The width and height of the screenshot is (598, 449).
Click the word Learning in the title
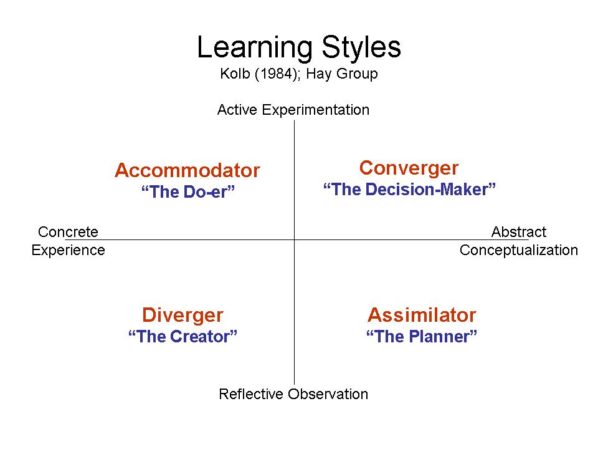pos(255,48)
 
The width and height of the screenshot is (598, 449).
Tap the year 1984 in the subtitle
pos(277,74)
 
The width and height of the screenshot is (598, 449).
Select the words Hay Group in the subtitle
pos(342,74)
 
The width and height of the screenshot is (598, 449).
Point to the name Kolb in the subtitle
pos(235,74)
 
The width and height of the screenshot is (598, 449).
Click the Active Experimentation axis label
pos(293,110)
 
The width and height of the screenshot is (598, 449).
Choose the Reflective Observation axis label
pos(293,394)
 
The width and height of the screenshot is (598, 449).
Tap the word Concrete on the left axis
pos(68,232)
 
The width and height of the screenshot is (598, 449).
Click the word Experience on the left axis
pos(68,250)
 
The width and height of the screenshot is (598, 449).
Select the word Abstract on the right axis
pos(519,232)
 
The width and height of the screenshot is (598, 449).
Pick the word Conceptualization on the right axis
pos(519,250)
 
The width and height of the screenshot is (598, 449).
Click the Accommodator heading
pos(187,170)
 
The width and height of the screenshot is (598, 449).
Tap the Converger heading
pos(409,168)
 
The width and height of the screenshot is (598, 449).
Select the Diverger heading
pos(183,316)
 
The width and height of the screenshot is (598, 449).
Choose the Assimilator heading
pos(422,315)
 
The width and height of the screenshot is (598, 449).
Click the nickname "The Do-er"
pos(187,191)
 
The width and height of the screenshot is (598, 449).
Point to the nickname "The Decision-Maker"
pos(409,189)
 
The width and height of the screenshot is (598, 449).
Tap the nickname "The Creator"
pos(183,336)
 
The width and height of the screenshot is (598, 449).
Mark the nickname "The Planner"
pos(422,336)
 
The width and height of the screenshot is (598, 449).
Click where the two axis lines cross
pos(294,239)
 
